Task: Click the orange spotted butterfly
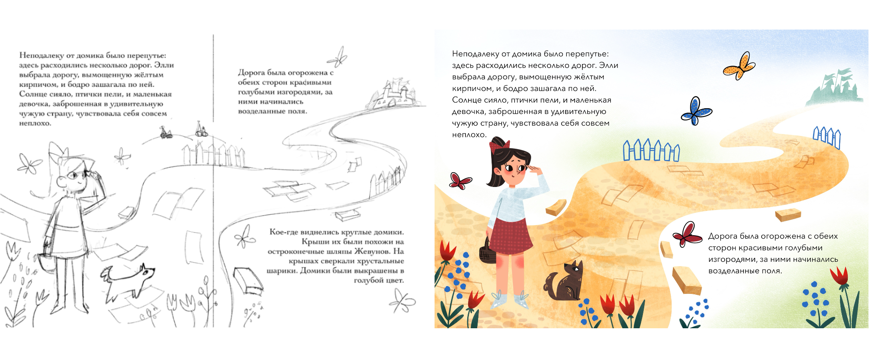[739, 66]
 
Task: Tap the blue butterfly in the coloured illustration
[696, 111]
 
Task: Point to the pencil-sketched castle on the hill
[391, 93]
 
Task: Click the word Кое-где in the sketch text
[284, 232]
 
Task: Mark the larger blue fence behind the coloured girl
[651, 150]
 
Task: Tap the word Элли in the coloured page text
[609, 66]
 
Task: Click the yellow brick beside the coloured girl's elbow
[556, 207]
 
